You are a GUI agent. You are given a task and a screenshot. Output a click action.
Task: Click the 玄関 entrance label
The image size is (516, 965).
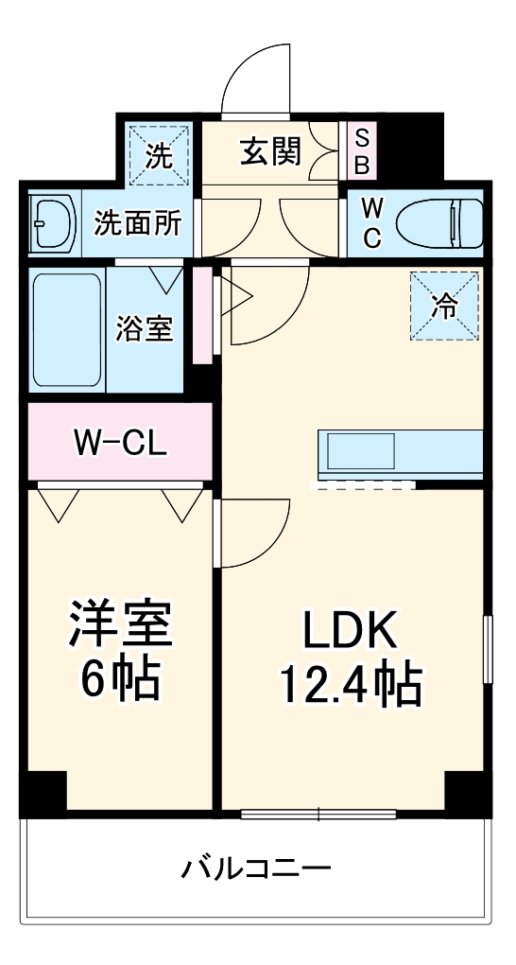[x=270, y=151]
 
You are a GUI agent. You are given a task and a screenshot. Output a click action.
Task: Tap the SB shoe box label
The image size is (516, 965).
[x=363, y=151]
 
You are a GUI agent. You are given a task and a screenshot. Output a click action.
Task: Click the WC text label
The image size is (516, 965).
[x=370, y=222]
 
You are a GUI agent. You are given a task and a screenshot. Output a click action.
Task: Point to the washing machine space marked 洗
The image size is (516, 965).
[x=160, y=155]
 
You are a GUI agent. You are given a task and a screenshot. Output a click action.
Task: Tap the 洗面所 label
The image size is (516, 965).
[x=138, y=223]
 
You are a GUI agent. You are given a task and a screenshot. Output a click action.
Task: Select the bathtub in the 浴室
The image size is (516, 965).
[x=67, y=330]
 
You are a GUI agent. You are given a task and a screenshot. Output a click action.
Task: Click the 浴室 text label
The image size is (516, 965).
[x=146, y=330]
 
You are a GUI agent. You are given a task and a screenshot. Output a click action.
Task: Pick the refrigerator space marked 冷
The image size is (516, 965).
[x=444, y=306]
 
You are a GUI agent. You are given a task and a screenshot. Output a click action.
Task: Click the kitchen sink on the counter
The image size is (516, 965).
[x=360, y=451]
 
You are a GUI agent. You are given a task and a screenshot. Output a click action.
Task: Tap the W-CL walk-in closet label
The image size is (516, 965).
[x=120, y=441]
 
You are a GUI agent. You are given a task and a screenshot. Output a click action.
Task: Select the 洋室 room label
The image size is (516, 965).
[x=121, y=623]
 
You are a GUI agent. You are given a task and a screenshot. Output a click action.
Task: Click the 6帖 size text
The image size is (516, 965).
[x=121, y=679]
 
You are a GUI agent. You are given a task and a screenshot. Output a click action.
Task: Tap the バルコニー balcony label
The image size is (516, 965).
[x=255, y=869]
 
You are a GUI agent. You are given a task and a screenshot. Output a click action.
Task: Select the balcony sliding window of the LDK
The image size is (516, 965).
[x=318, y=815]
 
